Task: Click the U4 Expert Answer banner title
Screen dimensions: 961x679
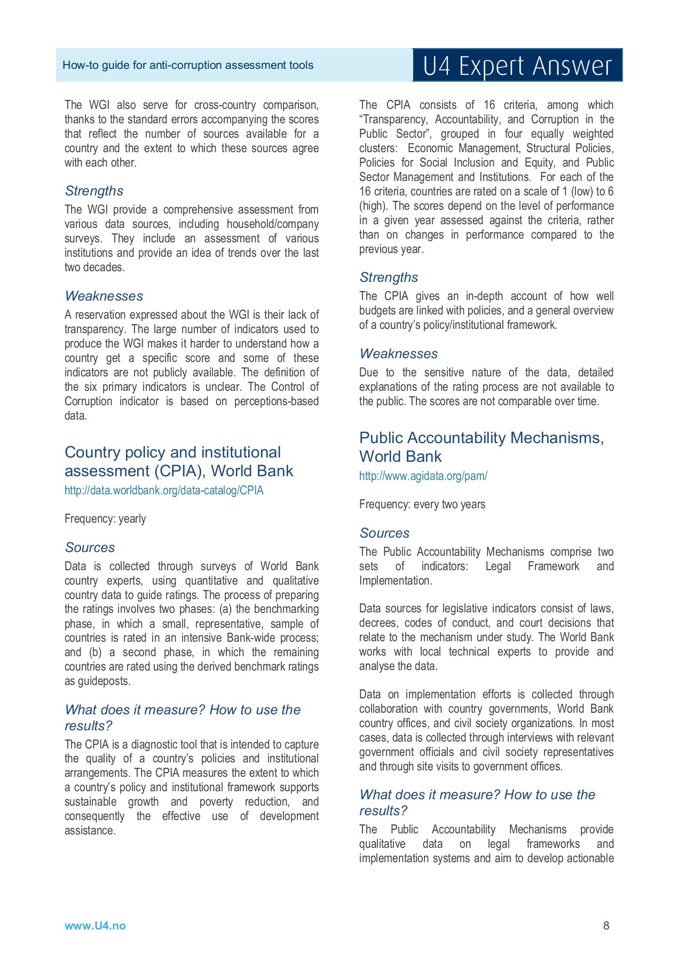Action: pos(517,66)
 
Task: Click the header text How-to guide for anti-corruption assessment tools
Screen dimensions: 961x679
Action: pos(188,65)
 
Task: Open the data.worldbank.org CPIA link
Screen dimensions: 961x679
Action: pos(164,490)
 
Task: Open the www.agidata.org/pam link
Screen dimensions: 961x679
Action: pos(423,476)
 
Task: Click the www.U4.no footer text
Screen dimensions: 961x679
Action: pos(95,926)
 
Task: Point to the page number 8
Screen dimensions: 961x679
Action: pos(606,926)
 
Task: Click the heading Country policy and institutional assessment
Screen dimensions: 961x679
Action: pos(178,461)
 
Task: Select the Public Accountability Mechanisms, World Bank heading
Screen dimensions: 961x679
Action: pos(481,447)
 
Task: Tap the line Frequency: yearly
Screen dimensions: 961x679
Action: pos(105,518)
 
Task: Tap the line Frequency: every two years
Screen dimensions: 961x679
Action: pos(422,504)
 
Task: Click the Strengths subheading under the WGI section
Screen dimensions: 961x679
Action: pos(94,191)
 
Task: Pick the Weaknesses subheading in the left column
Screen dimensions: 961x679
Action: pos(104,296)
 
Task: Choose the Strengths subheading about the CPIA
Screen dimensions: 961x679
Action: pos(389,277)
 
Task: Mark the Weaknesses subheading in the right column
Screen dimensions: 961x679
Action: pos(398,353)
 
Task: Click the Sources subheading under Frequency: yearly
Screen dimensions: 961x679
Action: pos(90,547)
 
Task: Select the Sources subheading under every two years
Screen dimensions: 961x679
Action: pos(384,533)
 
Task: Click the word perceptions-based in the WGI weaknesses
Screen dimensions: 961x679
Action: pos(276,401)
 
